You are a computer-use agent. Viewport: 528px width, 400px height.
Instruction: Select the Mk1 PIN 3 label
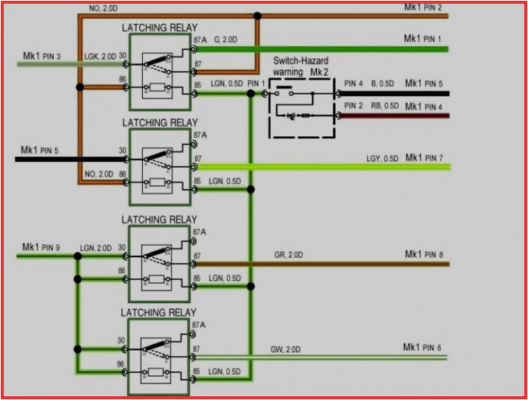point(42,55)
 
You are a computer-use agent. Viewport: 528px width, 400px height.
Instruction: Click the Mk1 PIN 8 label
point(423,255)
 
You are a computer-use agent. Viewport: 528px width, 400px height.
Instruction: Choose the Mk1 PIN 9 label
point(42,247)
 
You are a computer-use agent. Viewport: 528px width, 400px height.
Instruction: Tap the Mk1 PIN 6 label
point(422,348)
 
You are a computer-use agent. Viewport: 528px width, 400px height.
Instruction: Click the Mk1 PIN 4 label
point(424,107)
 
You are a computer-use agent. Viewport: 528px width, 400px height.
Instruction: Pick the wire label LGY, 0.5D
point(383,159)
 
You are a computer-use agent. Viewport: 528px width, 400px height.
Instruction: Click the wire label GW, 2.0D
point(285,349)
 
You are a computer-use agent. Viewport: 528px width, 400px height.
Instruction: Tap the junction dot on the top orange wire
point(258,15)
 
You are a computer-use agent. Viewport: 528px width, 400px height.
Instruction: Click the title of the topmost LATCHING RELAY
point(160,28)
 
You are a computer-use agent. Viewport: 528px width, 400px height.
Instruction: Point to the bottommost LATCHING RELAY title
point(160,312)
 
